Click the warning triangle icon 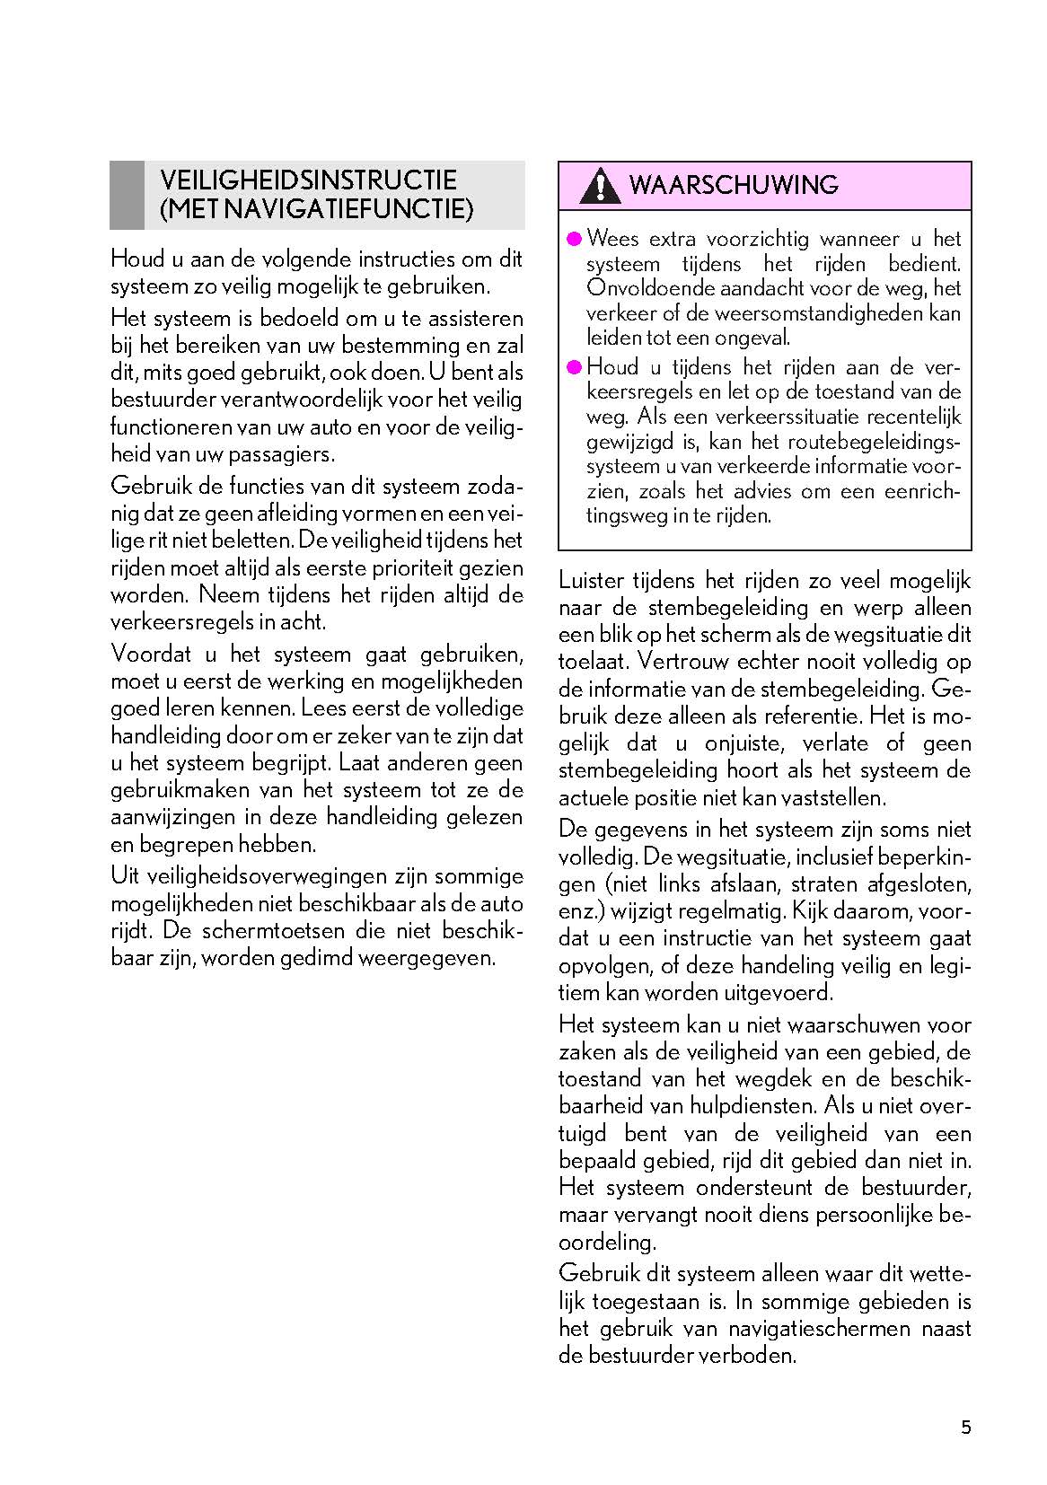[x=599, y=186]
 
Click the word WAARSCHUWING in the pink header [x=734, y=185]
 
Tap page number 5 [x=966, y=1428]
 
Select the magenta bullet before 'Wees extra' [x=575, y=239]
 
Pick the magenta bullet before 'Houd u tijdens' [x=575, y=366]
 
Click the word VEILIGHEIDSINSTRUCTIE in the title [x=308, y=180]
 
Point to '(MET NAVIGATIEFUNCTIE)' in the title [x=316, y=209]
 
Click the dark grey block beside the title [x=127, y=195]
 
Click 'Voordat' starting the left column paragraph [x=146, y=654]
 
